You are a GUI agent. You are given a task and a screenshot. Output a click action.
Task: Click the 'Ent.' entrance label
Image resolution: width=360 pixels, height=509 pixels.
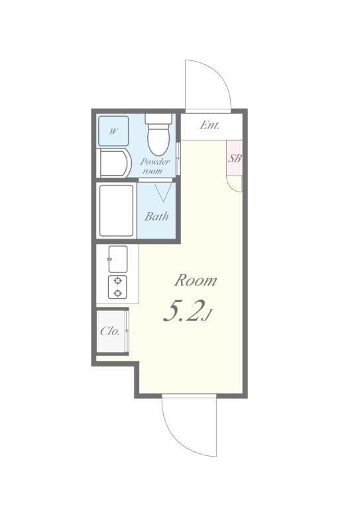tap(210, 125)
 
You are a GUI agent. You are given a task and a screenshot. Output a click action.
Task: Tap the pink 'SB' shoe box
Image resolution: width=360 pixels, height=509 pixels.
tap(235, 158)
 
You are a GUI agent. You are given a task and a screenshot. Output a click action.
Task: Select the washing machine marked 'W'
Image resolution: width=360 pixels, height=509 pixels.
tap(113, 131)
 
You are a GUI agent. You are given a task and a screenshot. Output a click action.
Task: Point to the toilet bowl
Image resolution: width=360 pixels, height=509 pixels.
tap(158, 140)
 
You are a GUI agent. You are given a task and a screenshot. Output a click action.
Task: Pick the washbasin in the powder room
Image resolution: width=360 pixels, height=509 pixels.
tap(114, 163)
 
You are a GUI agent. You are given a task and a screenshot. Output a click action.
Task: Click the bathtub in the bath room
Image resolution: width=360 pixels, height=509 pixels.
tap(117, 210)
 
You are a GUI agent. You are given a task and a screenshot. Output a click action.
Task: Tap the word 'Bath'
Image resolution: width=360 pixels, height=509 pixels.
tap(156, 216)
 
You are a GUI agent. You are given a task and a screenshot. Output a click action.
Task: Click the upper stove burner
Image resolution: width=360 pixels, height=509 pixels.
tap(117, 281)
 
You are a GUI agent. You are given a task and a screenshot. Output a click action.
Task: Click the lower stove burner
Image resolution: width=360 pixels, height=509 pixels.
tap(117, 292)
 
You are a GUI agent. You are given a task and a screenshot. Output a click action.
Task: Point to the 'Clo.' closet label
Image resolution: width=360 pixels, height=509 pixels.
tap(110, 331)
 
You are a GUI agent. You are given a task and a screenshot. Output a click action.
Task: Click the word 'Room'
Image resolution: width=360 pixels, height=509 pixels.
tap(196, 280)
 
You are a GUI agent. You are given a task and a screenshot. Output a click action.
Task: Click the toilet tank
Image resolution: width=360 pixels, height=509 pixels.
tap(158, 119)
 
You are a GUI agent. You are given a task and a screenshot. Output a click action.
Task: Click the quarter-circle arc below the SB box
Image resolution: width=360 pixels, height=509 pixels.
tap(234, 184)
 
